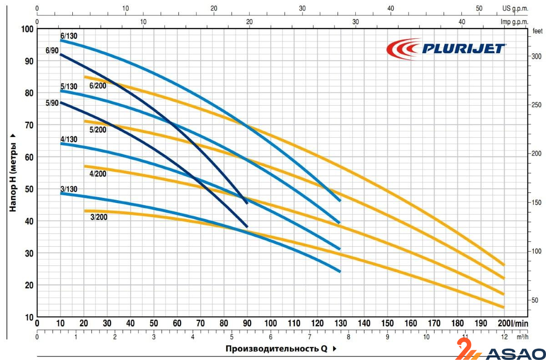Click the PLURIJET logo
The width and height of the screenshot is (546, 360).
(x=446, y=48)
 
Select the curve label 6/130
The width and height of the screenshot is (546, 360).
(x=66, y=35)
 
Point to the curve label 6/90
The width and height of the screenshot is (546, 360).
(x=52, y=50)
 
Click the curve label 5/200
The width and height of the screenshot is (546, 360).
(x=98, y=130)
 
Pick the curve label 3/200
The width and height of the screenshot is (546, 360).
(x=99, y=217)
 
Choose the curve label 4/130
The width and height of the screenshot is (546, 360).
(x=69, y=139)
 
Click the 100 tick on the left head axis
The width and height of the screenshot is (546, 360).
(x=28, y=29)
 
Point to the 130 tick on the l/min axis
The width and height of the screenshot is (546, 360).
(x=341, y=323)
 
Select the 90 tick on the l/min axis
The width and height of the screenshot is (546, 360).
(x=247, y=323)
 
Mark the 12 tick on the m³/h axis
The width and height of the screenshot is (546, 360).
(x=504, y=337)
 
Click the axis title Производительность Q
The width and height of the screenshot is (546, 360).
(x=276, y=349)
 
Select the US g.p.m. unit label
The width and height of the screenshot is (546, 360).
(x=515, y=8)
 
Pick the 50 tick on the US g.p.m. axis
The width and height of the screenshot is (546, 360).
(x=479, y=8)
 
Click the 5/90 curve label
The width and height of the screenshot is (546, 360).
(x=52, y=103)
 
